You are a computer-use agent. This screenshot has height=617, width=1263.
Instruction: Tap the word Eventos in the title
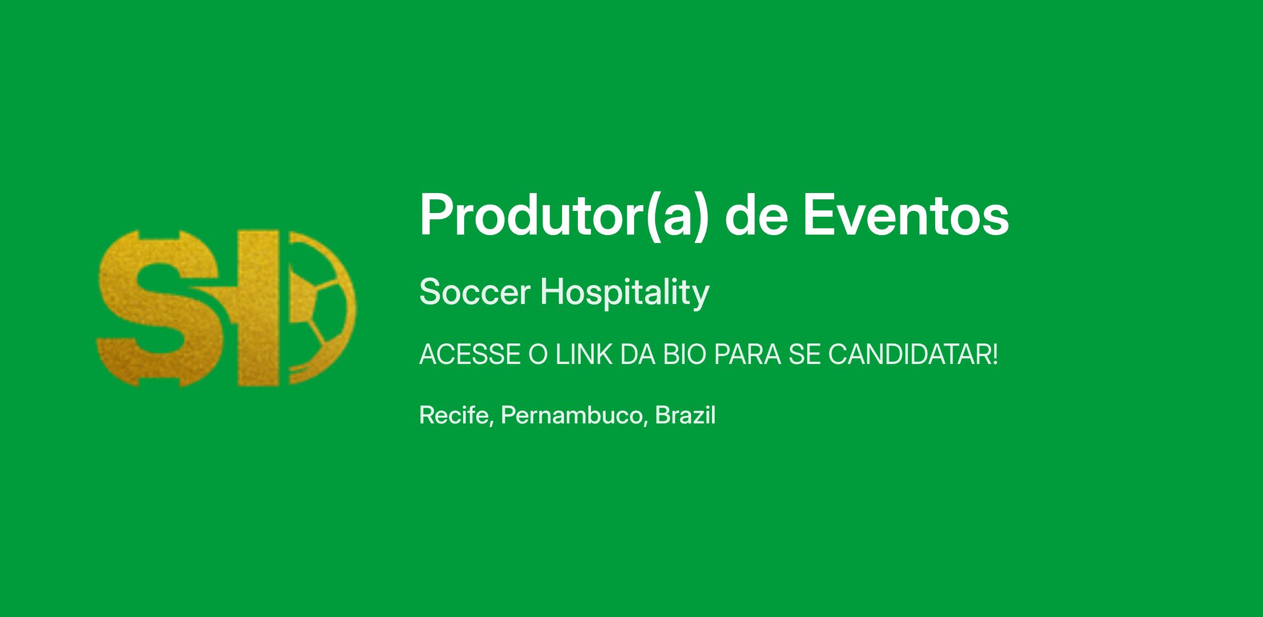905,215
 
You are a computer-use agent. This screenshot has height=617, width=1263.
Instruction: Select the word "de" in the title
756,215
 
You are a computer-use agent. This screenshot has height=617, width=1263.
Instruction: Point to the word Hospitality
625,293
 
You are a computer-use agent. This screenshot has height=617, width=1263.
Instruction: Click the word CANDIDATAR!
913,355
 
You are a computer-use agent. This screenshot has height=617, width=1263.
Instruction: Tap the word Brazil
685,415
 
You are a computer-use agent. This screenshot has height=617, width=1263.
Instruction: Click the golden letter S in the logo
158,309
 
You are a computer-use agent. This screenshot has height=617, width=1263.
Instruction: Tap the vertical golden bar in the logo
258,309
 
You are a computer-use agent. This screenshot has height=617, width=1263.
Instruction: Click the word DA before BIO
638,355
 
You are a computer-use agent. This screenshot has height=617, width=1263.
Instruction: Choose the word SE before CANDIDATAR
804,355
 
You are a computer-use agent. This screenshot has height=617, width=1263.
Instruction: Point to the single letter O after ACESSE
538,355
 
